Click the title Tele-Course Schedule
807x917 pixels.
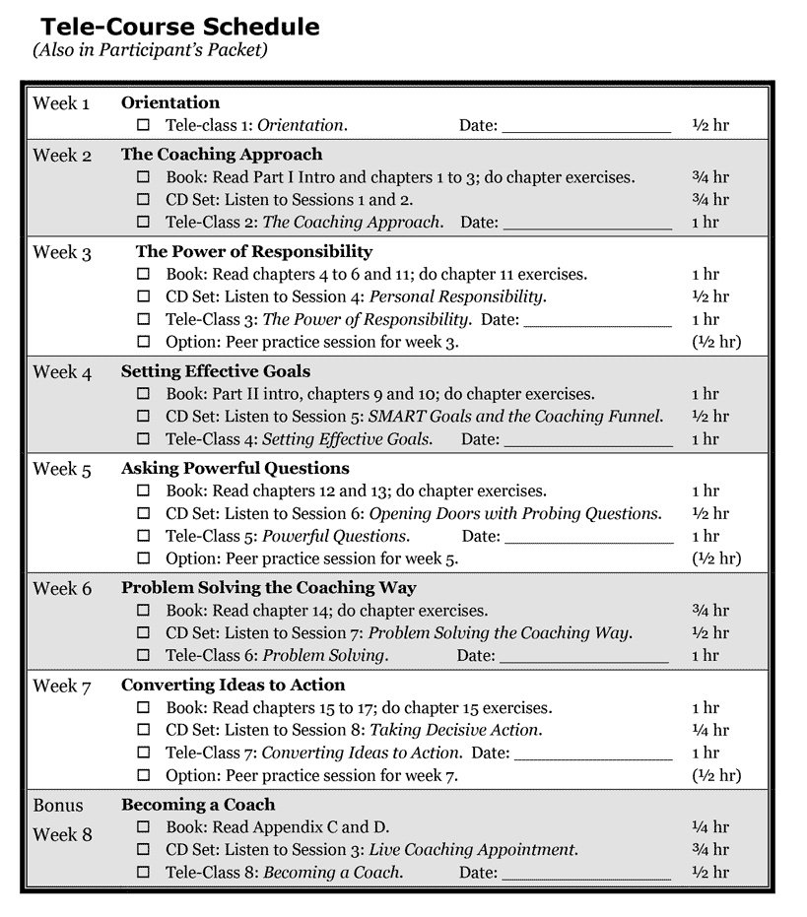point(180,27)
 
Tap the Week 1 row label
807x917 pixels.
point(61,103)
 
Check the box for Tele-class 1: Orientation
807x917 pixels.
point(143,125)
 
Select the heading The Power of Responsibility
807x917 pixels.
point(254,251)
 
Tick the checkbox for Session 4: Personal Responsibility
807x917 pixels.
point(143,296)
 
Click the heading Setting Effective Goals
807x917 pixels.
point(216,371)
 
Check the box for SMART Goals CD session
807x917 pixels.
point(143,417)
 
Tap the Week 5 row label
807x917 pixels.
point(62,469)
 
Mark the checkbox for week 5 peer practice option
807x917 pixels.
point(143,558)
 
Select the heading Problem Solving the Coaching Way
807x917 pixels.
point(269,588)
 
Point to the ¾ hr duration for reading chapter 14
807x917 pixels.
point(709,611)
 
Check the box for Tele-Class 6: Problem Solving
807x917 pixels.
point(143,655)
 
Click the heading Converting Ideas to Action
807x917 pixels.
point(234,685)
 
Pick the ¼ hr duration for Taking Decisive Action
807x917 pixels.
point(709,730)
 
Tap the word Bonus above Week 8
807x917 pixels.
point(58,805)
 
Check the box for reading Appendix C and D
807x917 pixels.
point(143,827)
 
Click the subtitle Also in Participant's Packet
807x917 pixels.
point(150,49)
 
